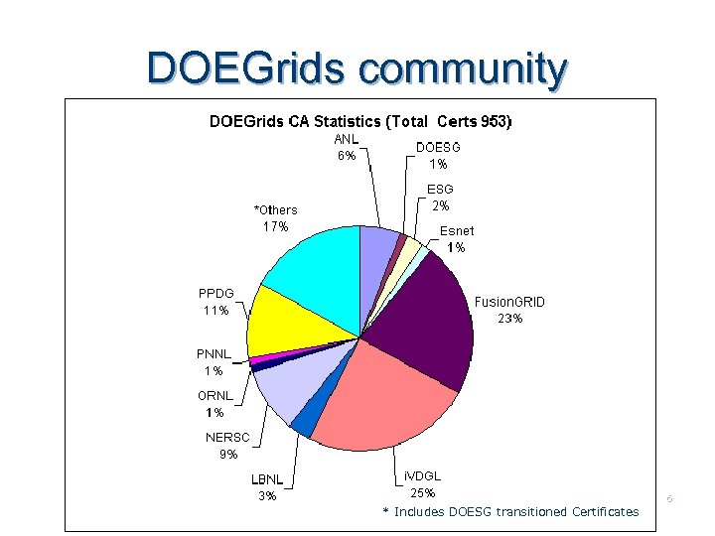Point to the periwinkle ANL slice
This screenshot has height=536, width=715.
pyautogui.click(x=377, y=248)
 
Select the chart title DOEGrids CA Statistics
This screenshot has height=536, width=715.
pyautogui.click(x=359, y=122)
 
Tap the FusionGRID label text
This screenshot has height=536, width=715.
pyautogui.click(x=509, y=302)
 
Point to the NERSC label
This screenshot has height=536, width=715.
pyautogui.click(x=228, y=437)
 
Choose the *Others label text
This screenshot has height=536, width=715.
pyautogui.click(x=275, y=209)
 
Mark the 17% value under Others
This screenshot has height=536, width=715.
pyautogui.click(x=275, y=226)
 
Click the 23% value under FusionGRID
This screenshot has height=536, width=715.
pyautogui.click(x=509, y=319)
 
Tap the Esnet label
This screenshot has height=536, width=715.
pyautogui.click(x=457, y=231)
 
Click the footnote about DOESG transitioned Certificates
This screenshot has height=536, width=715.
pyautogui.click(x=511, y=511)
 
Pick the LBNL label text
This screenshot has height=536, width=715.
pyautogui.click(x=267, y=479)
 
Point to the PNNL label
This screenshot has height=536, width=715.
pyautogui.click(x=214, y=353)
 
